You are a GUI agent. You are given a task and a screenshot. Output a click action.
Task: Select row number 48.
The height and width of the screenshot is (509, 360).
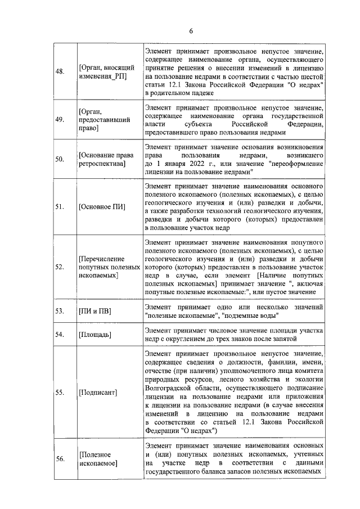(59, 72)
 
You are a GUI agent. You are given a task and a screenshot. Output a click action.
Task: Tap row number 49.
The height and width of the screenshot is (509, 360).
(59, 119)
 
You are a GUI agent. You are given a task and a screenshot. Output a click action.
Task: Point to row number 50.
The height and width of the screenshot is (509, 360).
(59, 159)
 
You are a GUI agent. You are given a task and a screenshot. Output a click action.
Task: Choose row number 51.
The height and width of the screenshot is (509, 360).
(59, 206)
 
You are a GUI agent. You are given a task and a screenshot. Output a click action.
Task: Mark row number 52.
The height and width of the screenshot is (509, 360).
(59, 267)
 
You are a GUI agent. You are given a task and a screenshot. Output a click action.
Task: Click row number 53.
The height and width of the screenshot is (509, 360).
(59, 311)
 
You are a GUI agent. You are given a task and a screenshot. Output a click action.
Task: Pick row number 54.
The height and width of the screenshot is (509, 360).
(59, 335)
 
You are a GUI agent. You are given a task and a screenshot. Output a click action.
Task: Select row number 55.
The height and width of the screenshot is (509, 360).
(59, 391)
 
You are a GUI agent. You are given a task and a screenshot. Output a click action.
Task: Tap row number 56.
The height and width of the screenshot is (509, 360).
(59, 458)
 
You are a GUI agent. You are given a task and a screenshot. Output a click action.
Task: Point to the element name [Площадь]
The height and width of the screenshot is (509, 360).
(95, 335)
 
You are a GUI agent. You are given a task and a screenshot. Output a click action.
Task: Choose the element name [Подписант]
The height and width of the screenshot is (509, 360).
(98, 391)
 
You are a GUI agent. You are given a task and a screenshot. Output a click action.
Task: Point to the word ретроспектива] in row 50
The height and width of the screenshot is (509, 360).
(102, 163)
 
